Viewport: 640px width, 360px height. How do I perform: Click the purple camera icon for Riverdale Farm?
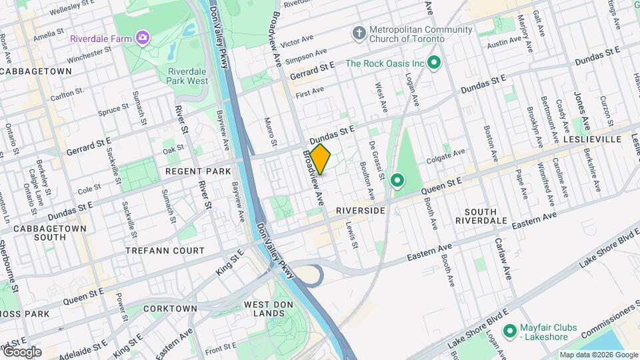141,37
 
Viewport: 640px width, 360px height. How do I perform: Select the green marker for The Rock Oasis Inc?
435,64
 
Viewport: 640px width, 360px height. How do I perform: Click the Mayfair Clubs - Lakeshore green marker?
510,331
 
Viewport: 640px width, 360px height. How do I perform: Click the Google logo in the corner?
22,352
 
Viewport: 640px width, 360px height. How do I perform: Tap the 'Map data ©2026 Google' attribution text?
598,355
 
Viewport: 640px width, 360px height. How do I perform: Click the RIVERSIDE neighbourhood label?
360,210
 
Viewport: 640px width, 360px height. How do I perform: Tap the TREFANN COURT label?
165,251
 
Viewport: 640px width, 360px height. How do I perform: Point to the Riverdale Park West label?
188,76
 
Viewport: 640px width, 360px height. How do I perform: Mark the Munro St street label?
271,131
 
